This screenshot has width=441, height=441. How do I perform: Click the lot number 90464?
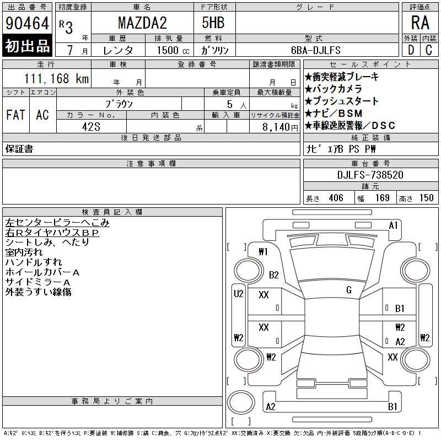(x=27, y=23)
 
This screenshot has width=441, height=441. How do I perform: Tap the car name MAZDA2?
(x=142, y=23)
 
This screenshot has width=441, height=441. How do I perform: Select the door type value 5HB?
(x=213, y=23)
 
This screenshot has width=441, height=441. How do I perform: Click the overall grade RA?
(x=420, y=23)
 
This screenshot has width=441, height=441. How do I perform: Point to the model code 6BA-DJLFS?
(x=315, y=50)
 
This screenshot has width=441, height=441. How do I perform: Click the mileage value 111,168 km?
(x=56, y=78)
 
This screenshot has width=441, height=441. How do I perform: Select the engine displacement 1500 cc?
(x=173, y=50)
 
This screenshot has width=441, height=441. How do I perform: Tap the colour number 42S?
(x=91, y=127)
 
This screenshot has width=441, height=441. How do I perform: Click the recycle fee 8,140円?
(x=280, y=127)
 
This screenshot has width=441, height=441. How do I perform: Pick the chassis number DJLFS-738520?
(x=370, y=175)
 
